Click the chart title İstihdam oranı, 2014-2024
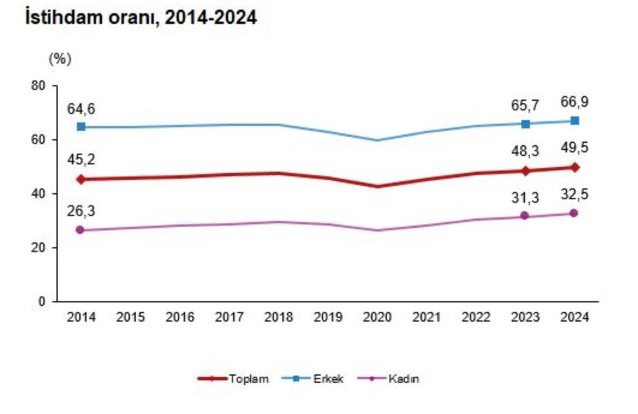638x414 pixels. tap(141, 18)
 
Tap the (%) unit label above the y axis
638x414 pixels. tap(59, 59)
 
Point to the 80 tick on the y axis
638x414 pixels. tap(39, 86)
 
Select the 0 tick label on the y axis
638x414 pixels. tap(42, 302)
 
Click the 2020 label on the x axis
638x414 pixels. tap(378, 317)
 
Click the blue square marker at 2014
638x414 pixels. tap(81, 127)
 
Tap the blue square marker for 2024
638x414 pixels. tap(575, 121)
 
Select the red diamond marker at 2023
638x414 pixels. tap(526, 171)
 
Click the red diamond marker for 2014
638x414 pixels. tap(81, 179)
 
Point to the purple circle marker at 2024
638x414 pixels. tap(575, 213)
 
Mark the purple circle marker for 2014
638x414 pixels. tap(81, 230)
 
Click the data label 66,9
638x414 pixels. tap(575, 103)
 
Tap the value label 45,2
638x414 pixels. tap(81, 160)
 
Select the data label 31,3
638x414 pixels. tap(526, 196)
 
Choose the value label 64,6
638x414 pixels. tap(81, 109)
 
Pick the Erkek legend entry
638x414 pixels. tap(317, 379)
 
